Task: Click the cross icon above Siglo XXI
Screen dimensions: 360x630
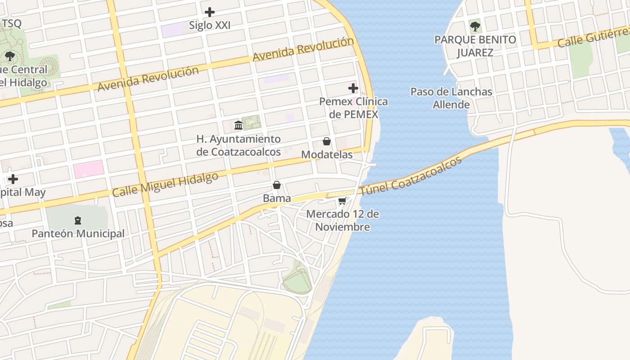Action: (x=210, y=12)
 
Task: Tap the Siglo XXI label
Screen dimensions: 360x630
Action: (x=210, y=26)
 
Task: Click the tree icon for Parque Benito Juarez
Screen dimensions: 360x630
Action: (x=475, y=26)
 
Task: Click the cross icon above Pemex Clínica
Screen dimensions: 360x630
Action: (x=353, y=87)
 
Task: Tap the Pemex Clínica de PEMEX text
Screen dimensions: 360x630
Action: (x=353, y=108)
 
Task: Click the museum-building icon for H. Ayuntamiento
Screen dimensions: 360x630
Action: (x=238, y=125)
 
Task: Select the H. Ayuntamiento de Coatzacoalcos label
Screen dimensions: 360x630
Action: (x=238, y=145)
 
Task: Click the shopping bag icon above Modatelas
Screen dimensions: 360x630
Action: (x=327, y=141)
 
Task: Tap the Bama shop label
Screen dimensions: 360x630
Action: (x=277, y=198)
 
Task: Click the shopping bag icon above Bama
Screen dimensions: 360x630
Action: (x=277, y=185)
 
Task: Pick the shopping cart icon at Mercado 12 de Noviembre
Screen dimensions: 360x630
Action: (x=342, y=201)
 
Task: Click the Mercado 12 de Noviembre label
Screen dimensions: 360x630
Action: (x=342, y=220)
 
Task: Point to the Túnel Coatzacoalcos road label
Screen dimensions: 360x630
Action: (x=411, y=176)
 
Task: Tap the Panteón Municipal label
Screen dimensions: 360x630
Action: (x=78, y=234)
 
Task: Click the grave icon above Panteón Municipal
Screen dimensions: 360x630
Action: (x=78, y=220)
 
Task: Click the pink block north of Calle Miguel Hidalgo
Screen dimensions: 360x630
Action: (x=89, y=169)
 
